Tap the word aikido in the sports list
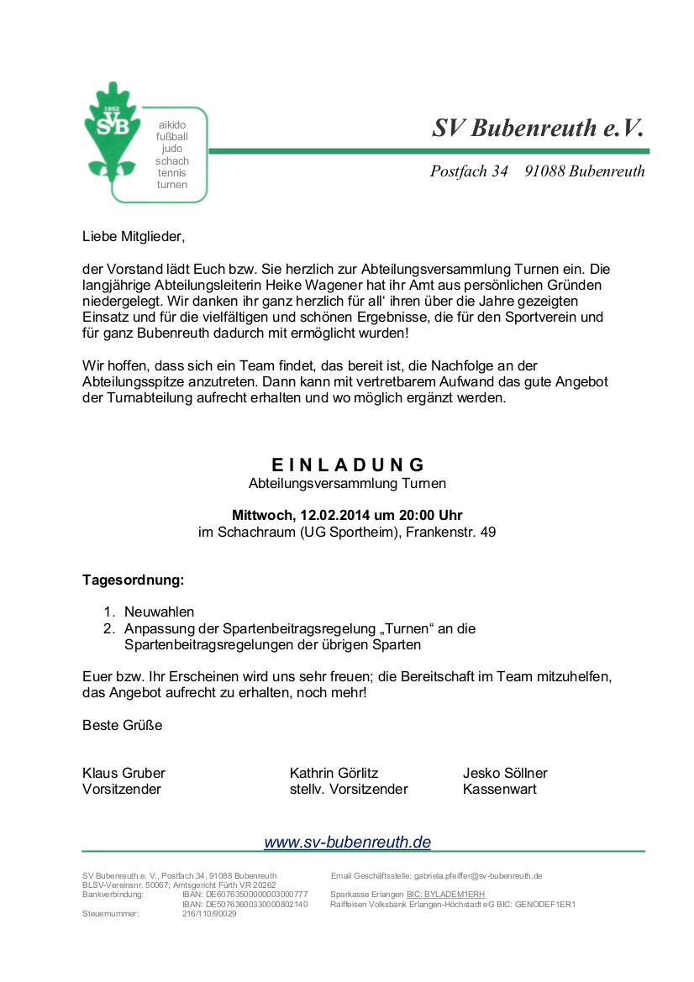(172, 125)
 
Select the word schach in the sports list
(172, 160)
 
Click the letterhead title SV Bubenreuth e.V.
(538, 128)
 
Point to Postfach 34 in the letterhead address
(469, 171)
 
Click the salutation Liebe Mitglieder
(133, 237)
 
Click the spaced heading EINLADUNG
(348, 465)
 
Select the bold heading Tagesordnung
(133, 580)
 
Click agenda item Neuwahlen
(160, 612)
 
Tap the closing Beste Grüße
(123, 725)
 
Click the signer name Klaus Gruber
(124, 773)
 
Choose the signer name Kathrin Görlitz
(334, 773)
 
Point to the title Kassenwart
(499, 789)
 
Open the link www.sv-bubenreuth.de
(347, 842)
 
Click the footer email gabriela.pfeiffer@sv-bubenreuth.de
(478, 875)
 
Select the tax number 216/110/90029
(209, 913)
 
